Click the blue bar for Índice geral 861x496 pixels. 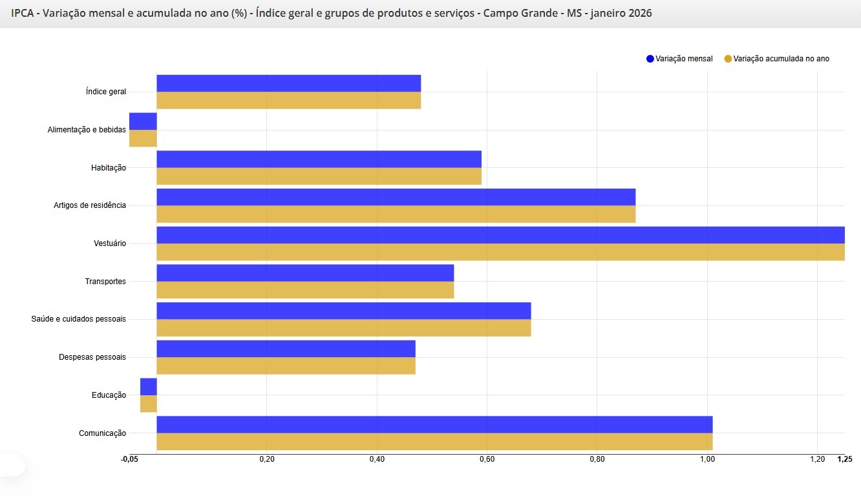pos(288,83)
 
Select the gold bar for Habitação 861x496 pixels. pos(319,176)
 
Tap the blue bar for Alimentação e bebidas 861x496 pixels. pos(143,121)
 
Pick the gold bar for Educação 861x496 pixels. pos(149,404)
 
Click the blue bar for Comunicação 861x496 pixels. pos(434,424)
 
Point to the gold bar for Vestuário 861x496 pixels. pos(500,253)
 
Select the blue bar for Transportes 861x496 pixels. pos(305,273)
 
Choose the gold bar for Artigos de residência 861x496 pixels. pos(396,214)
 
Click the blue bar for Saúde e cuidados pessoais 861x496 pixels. pos(343,311)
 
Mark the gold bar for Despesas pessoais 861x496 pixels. pos(286,366)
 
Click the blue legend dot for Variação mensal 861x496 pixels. pos(650,59)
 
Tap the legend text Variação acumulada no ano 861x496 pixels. pos(781,59)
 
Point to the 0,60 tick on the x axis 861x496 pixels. pos(487,459)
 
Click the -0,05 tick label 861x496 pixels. pos(129,459)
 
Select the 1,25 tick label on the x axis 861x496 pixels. pos(844,459)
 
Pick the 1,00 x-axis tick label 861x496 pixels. pos(707,459)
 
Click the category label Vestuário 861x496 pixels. pos(110,243)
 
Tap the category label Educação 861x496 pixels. pos(109,395)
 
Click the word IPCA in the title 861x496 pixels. pos(23,13)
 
